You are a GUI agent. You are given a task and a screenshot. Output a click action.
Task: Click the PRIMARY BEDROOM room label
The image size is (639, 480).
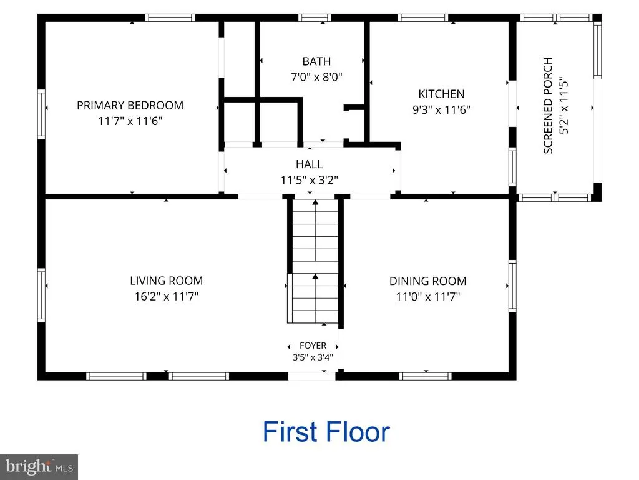coord(130,105)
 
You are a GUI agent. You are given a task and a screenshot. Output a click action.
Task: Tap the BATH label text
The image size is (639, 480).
coord(316,61)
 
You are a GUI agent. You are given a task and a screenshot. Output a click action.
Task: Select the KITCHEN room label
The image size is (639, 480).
coord(441,94)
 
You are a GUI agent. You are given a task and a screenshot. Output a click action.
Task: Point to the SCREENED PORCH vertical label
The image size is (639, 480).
coord(548,105)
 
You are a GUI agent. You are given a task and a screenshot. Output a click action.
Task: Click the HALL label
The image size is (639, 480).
coord(310,164)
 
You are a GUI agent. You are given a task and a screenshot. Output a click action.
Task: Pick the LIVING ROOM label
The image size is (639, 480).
coord(166,281)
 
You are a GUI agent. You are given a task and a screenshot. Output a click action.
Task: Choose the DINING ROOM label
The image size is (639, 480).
coord(428,281)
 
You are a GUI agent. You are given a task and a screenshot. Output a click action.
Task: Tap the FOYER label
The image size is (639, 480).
coord(313,346)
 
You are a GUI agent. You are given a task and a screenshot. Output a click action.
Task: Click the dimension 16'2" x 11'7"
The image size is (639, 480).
coord(166,296)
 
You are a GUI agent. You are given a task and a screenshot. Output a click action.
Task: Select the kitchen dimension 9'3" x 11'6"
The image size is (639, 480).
coord(441,110)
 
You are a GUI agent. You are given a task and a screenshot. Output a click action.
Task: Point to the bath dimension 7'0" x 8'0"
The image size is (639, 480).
coord(316,77)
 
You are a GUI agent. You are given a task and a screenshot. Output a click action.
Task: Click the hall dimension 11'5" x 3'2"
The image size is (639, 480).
coord(310,180)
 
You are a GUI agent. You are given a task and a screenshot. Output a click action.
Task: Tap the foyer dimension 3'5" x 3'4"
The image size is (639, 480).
coord(313,357)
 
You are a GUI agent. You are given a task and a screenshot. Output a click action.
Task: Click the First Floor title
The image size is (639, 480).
coord(326,432)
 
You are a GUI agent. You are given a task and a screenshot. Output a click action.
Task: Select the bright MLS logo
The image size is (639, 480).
coord(39,467)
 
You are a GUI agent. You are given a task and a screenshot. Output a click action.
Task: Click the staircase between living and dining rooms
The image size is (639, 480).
coord(315,261)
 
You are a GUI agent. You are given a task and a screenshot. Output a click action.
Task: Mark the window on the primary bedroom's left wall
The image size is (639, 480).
coord(41,114)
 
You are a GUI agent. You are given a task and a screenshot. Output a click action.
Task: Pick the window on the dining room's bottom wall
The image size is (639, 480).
coord(426,376)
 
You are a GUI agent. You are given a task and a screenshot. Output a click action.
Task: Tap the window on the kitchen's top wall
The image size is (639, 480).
coord(423,17)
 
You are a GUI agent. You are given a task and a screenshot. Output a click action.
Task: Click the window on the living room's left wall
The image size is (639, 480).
coord(41,295)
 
